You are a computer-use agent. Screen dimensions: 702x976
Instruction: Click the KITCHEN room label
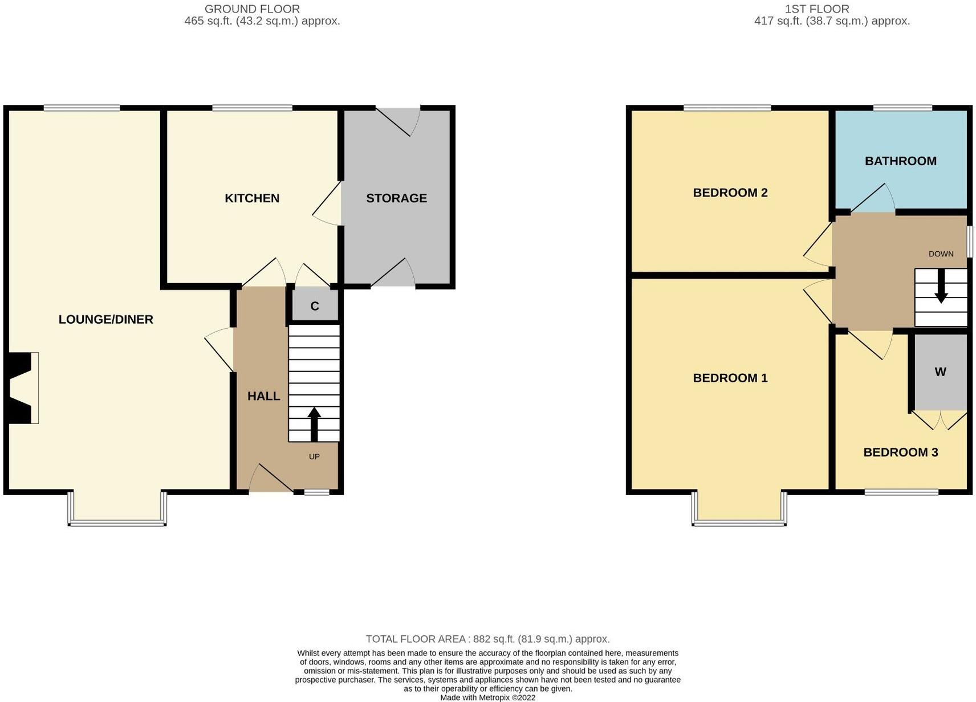click(x=251, y=198)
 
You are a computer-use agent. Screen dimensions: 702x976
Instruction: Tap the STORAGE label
click(x=396, y=198)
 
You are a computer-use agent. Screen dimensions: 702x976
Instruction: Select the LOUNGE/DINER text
click(x=106, y=320)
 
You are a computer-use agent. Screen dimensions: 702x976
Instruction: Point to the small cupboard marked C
click(x=315, y=306)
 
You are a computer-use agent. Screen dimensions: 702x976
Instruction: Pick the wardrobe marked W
click(x=940, y=372)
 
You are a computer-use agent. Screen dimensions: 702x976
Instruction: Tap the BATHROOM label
click(x=900, y=161)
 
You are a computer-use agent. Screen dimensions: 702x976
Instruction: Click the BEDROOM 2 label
click(x=730, y=193)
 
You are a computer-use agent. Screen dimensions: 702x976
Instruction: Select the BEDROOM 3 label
click(x=900, y=452)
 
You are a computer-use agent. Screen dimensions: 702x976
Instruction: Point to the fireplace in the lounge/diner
click(x=22, y=388)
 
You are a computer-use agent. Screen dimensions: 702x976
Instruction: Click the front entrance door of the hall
click(x=271, y=479)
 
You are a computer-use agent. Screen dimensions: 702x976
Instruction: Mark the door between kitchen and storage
click(x=328, y=204)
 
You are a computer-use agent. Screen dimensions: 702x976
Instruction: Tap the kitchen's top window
click(x=252, y=108)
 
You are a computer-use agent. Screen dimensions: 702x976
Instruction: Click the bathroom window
click(x=902, y=108)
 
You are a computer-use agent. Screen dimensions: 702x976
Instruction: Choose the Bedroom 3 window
click(x=901, y=492)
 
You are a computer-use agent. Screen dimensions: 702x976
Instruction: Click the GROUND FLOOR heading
click(x=252, y=9)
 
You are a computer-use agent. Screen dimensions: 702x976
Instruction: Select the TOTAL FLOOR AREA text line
click(x=487, y=639)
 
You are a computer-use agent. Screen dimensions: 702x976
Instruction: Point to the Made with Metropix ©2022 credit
click(x=487, y=697)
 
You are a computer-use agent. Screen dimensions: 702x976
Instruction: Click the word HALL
click(x=263, y=396)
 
